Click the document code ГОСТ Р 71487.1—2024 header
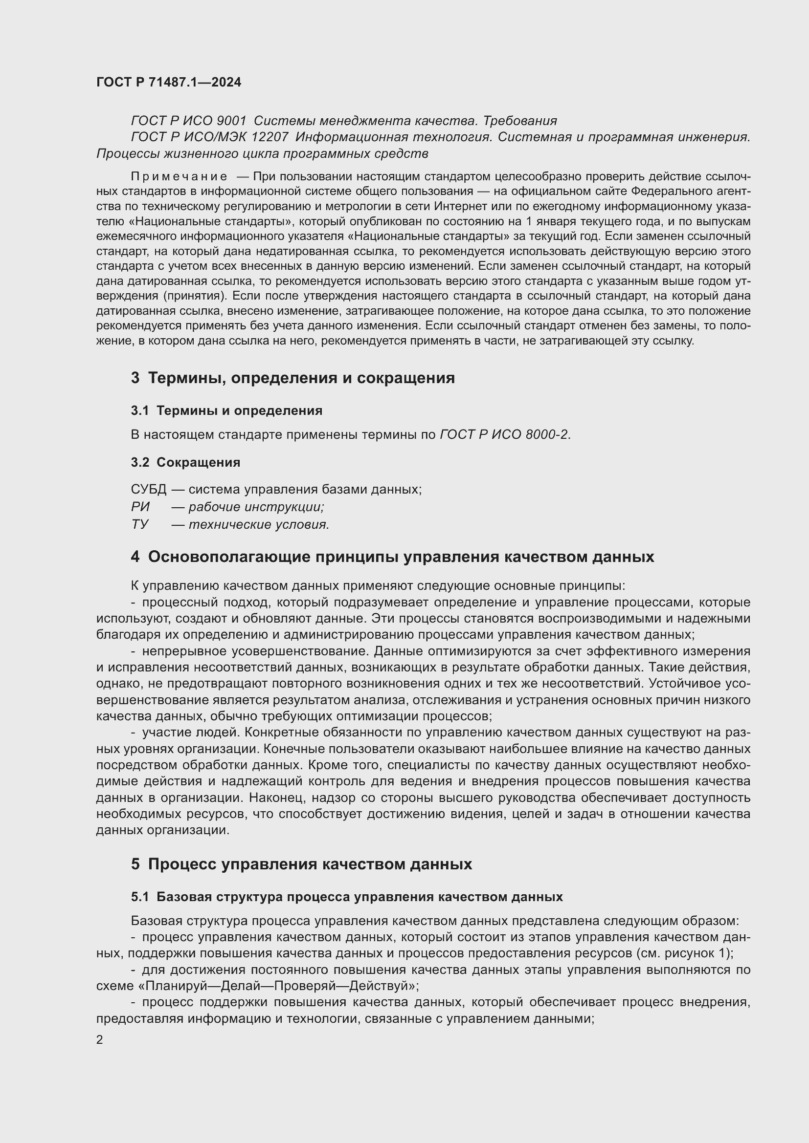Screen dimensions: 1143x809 168,82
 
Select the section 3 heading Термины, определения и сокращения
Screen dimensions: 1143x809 292,378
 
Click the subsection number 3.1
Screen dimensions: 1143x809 139,410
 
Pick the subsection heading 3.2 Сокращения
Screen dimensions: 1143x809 185,462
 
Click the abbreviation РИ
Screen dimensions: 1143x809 140,507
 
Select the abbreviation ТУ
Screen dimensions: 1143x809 139,525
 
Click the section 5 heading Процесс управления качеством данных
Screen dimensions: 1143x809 301,864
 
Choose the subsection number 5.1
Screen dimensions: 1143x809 139,897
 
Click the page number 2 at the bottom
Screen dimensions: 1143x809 100,1039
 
